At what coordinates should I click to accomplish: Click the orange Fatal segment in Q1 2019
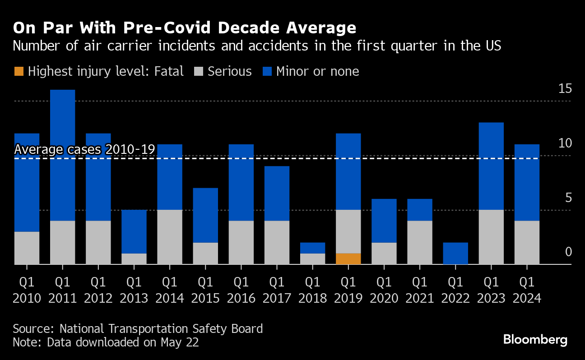348,258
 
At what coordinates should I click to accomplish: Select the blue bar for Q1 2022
455,253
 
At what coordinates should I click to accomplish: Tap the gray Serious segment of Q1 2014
170,237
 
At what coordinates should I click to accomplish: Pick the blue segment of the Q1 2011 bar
62,155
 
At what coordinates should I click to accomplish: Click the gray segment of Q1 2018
313,258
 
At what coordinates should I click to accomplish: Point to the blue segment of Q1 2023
491,166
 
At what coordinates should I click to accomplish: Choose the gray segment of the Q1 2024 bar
527,242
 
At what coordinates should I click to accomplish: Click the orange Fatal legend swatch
19,71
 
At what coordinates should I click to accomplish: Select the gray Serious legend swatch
199,71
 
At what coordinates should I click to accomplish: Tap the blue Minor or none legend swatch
268,71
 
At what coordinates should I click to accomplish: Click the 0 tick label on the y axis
568,252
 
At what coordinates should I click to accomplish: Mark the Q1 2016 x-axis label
241,290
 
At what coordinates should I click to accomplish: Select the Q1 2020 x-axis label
384,290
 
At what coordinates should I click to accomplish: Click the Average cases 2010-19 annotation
84,149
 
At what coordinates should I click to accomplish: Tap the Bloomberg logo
535,339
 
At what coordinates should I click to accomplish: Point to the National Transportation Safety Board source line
138,328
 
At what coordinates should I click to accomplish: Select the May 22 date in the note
180,342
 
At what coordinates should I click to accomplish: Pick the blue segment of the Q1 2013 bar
134,231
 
